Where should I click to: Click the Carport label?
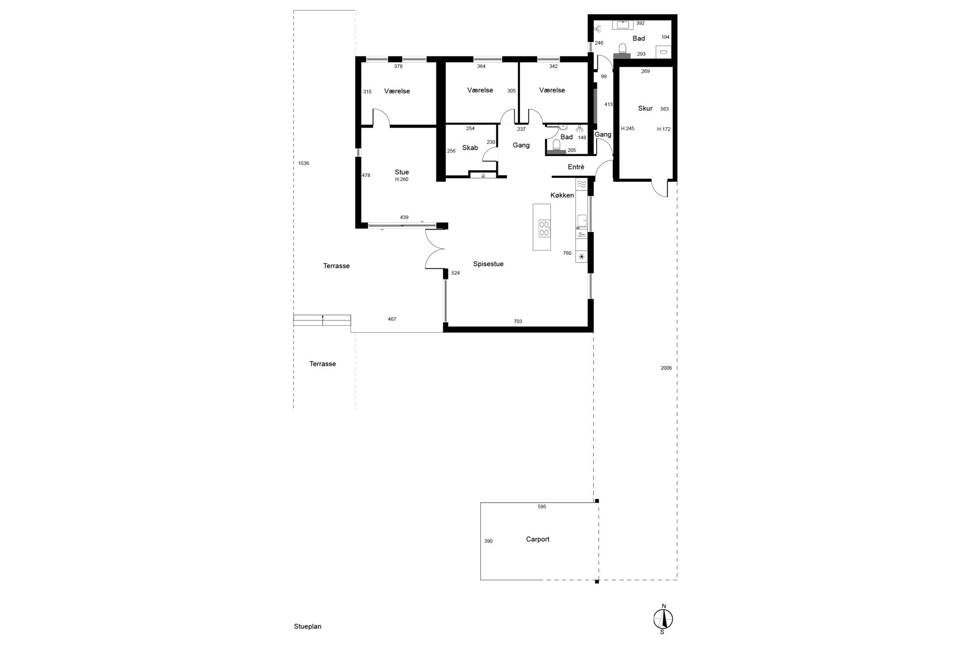[x=538, y=539]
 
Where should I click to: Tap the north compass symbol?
[x=663, y=619]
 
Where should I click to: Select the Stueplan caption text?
[x=308, y=626]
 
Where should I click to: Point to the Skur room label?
[x=645, y=108]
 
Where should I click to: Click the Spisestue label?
[x=488, y=264]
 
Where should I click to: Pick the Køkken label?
[x=562, y=195]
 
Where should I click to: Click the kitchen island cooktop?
[x=545, y=228]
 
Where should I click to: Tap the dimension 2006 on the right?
[x=666, y=368]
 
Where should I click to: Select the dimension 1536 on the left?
[x=304, y=163]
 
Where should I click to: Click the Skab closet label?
[x=470, y=148]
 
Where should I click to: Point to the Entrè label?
[x=576, y=167]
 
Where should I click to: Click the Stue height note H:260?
[x=402, y=179]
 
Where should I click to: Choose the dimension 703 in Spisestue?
[x=518, y=321]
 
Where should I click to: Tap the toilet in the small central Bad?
[x=556, y=146]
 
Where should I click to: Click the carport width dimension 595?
[x=542, y=507]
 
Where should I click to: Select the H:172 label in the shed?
[x=664, y=129]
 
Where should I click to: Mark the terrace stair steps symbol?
[x=322, y=320]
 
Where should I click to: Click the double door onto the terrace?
[x=434, y=250]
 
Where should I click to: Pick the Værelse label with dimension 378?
[x=397, y=91]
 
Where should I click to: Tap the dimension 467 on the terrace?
[x=392, y=319]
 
